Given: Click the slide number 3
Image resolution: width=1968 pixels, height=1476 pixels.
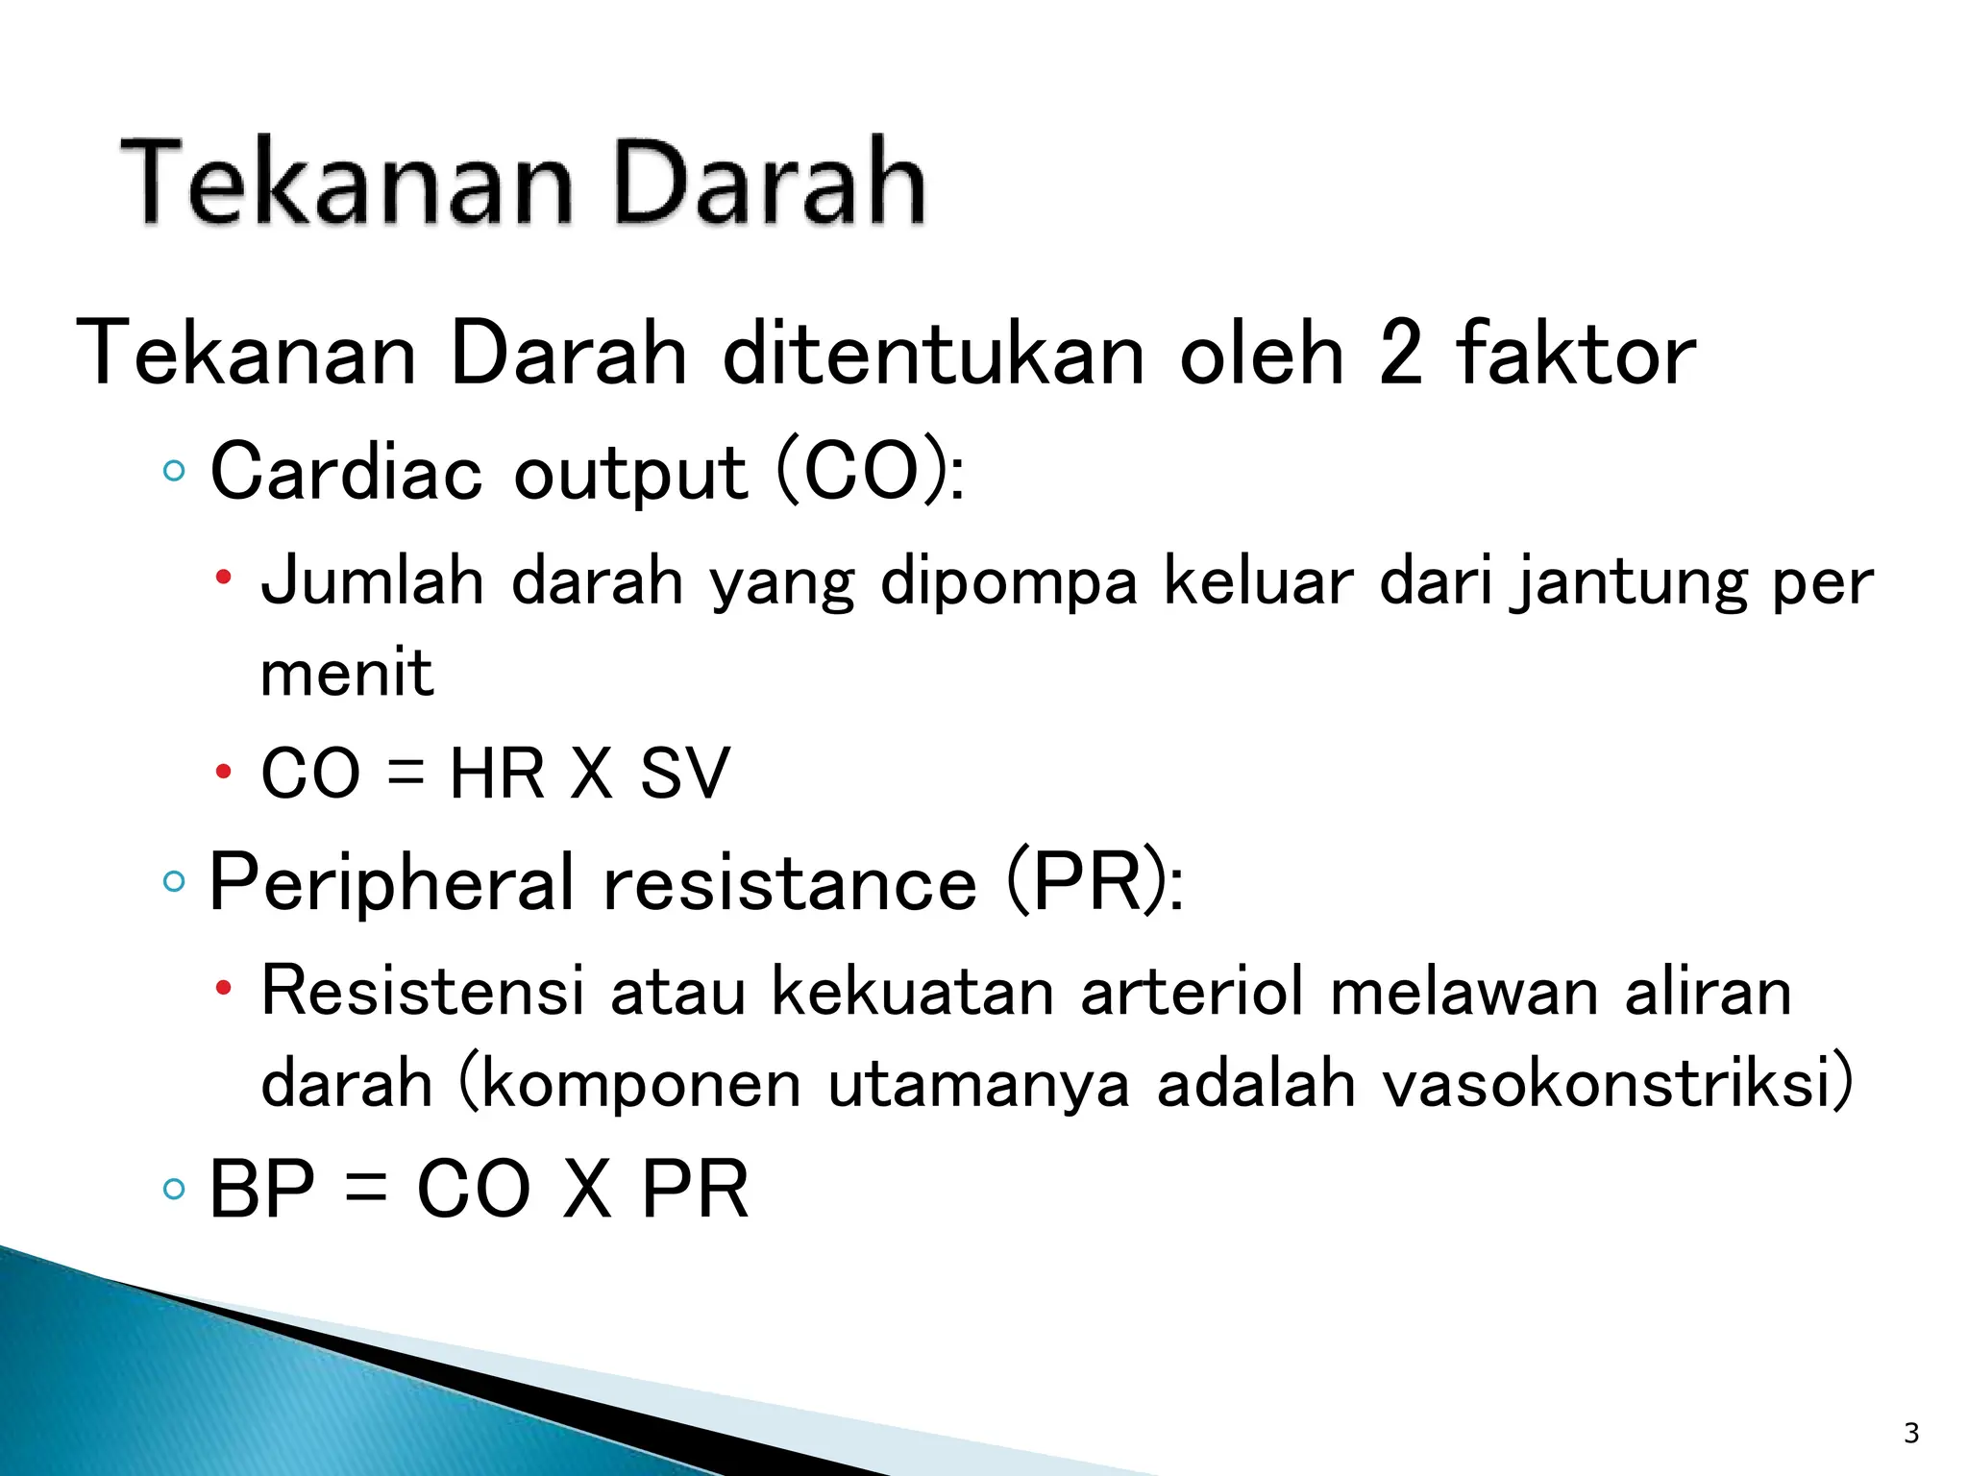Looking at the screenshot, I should click(x=1910, y=1433).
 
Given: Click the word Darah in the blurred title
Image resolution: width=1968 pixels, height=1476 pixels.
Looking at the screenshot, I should click(x=769, y=183).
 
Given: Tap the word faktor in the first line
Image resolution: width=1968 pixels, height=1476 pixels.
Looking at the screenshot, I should click(x=1575, y=355).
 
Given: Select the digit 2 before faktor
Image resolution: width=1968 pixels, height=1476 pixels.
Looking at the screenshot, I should click(x=1399, y=355).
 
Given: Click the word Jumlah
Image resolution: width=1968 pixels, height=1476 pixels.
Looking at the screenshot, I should click(x=373, y=581).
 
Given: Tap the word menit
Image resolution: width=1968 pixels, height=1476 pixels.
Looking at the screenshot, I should click(x=347, y=673).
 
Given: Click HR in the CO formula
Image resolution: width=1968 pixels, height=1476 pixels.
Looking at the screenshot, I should click(x=497, y=773).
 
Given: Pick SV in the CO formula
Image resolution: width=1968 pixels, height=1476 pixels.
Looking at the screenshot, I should click(x=684, y=773).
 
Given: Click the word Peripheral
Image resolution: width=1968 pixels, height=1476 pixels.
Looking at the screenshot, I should click(x=392, y=882).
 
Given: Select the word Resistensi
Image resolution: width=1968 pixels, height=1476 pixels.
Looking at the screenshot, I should click(x=422, y=990).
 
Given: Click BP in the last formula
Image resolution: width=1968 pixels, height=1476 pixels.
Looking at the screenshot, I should click(x=261, y=1190).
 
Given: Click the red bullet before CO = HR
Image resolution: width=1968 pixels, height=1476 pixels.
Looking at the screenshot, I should click(x=224, y=772).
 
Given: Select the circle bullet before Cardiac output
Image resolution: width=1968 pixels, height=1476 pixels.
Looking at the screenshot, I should click(x=174, y=471).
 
